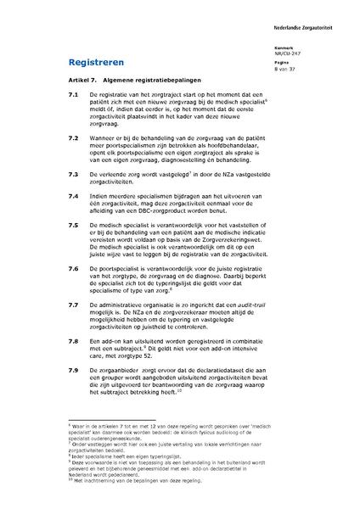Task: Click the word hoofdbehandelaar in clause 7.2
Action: pos(206,144)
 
